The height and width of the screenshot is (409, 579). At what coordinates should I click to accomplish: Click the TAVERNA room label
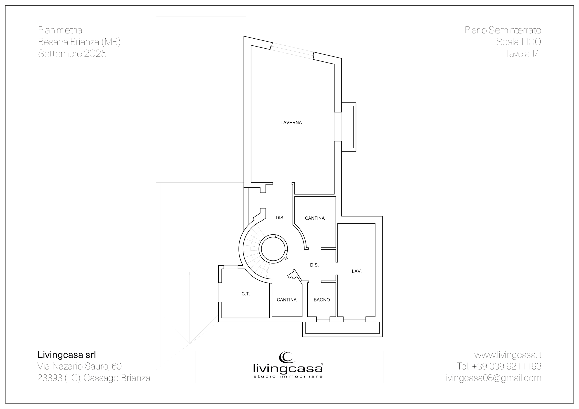point(291,123)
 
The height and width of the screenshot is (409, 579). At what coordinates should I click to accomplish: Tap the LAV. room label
point(357,271)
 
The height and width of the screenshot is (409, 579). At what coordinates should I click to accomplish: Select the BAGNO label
point(322,300)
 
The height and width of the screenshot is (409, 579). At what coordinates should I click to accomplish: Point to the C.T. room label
point(246,294)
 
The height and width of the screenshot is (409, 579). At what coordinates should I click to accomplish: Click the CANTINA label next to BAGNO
point(287,300)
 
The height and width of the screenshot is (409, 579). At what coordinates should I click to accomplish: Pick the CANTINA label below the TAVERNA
point(315,218)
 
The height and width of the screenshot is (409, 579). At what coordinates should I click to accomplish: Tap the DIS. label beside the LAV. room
point(314,265)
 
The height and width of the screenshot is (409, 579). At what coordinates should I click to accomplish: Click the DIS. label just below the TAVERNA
point(280,217)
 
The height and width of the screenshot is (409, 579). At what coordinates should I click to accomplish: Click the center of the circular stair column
point(273,249)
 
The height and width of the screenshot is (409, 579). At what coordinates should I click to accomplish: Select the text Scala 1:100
point(518,42)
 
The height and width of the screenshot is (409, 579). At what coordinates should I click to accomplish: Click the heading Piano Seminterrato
point(503,30)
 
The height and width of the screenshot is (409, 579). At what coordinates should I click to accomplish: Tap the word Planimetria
point(60,30)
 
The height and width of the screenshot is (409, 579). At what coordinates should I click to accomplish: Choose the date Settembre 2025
point(72,53)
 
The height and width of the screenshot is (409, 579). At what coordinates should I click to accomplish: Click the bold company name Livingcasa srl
point(67,355)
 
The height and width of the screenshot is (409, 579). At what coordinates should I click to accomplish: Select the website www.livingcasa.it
point(508,355)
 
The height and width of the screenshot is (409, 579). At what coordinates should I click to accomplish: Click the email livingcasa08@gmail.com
point(493,378)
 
